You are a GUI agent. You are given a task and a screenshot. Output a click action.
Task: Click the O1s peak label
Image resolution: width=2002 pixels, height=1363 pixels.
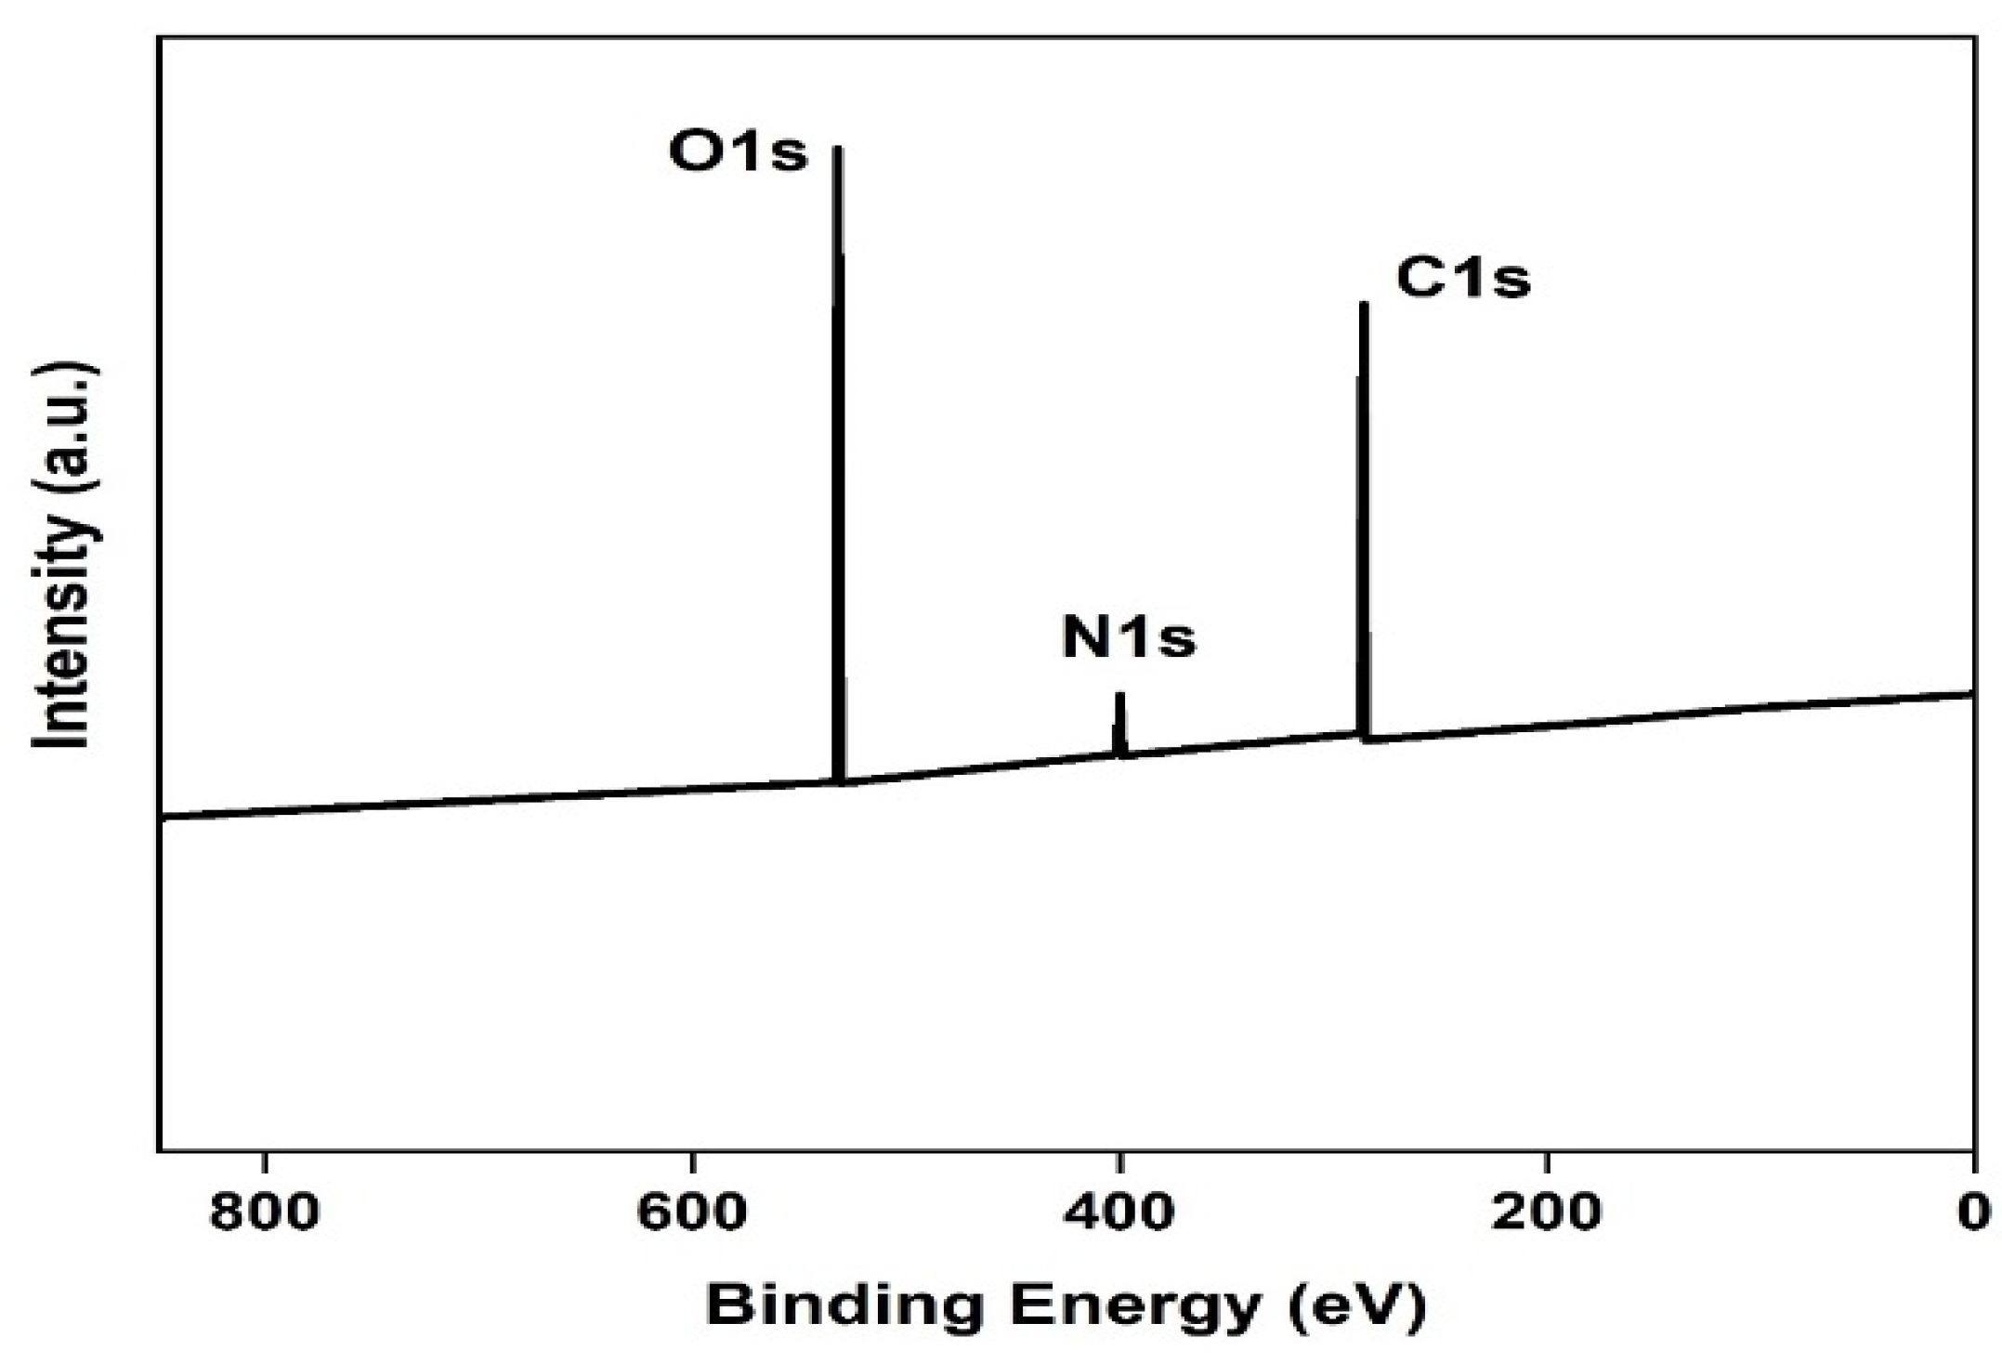click(739, 152)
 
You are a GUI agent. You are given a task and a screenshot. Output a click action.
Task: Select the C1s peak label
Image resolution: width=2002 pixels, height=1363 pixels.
click(1463, 278)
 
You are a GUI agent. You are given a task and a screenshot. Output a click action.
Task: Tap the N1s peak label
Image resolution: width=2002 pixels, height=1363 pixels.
click(1129, 638)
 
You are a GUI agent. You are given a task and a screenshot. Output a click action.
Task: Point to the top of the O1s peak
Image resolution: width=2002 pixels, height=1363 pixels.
click(837, 149)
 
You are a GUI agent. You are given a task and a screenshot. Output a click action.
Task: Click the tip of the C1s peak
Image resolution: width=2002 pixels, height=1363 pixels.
click(1364, 305)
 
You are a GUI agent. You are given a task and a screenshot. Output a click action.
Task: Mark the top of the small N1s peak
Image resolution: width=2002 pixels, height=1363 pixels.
click(1119, 695)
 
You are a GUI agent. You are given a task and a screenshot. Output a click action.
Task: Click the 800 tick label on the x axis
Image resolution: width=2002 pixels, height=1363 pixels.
click(266, 1213)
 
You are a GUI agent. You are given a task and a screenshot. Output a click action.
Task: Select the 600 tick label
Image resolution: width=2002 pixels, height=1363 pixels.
click(692, 1213)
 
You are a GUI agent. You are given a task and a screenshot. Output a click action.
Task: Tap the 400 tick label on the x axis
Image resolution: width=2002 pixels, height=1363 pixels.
click(1119, 1213)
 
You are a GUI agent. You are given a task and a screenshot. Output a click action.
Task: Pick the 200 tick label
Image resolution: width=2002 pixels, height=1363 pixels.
click(1547, 1213)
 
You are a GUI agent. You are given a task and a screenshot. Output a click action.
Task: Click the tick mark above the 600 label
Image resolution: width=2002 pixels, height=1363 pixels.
click(692, 1161)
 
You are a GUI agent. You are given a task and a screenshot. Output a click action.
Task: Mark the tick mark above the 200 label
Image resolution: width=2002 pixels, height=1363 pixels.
click(1547, 1161)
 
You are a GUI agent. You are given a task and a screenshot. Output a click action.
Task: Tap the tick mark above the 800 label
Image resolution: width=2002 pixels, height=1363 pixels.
click(266, 1161)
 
